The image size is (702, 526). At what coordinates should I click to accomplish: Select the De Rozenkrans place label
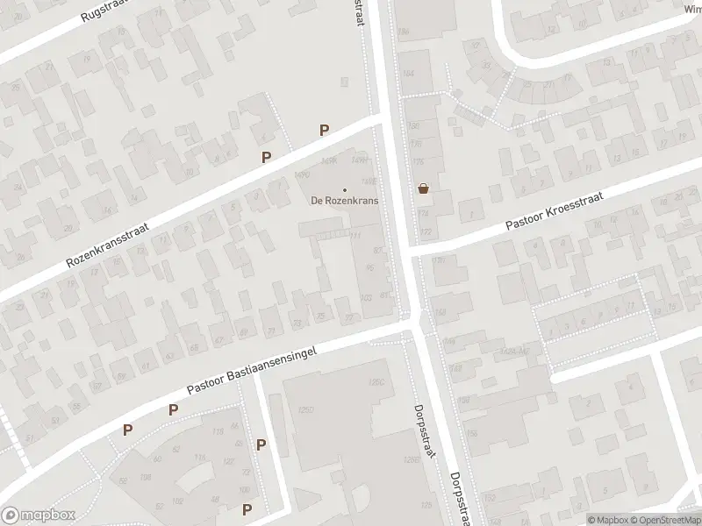344,201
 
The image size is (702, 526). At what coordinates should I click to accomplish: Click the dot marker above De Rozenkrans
344,189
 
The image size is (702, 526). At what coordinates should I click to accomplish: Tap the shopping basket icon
424,188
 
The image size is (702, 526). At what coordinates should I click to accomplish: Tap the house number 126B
410,459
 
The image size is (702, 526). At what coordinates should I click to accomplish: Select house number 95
369,267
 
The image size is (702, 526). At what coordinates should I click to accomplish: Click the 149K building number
330,160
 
